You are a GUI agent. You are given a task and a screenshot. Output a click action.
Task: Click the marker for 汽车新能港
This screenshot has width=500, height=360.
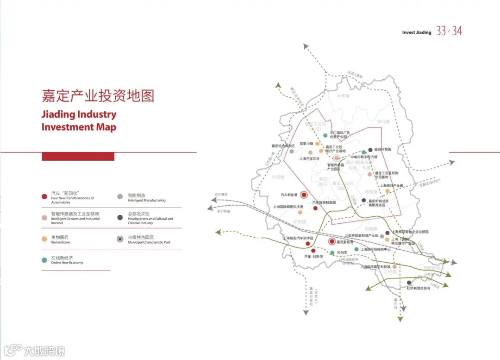pos(304,195)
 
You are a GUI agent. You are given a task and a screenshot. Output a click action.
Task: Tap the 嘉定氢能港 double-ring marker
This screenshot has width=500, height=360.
pos(332,241)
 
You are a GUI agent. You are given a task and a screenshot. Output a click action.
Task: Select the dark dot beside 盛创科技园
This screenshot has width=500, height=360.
pos(370,150)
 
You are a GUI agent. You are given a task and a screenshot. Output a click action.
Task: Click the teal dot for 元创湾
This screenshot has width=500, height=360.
pos(332,253)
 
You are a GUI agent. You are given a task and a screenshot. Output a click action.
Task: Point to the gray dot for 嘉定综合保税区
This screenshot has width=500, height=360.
pos(292,151)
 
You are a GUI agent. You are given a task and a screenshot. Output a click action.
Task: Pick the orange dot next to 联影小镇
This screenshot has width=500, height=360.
pos(318,144)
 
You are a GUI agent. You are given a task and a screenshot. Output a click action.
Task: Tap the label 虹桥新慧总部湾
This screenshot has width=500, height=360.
pos(419,288)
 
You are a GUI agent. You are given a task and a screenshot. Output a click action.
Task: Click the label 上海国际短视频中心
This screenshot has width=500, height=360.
pos(375,249)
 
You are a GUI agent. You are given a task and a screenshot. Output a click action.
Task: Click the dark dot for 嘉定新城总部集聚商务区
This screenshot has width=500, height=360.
pos(363,200)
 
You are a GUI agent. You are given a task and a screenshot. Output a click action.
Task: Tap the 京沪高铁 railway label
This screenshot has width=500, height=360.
pos(221,195)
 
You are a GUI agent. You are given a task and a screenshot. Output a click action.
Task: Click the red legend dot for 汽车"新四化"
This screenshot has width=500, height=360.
pos(44,196)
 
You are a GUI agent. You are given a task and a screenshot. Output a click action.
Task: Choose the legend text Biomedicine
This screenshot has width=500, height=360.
pos(61,242)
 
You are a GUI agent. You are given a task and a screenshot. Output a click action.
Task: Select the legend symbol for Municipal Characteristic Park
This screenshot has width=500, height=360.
pos(120,239)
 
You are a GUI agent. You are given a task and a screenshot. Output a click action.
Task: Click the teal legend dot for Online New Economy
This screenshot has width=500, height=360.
pos(44,260)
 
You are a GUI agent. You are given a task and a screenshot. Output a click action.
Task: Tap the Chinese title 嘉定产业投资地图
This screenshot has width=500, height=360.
pos(98,96)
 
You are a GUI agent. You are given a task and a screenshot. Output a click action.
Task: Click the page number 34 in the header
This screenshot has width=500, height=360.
pos(457,31)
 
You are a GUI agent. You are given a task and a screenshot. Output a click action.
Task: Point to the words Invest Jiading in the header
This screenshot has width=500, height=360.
pos(416,32)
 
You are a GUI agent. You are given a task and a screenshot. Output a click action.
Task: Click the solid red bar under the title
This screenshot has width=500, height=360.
pos(78,157)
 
